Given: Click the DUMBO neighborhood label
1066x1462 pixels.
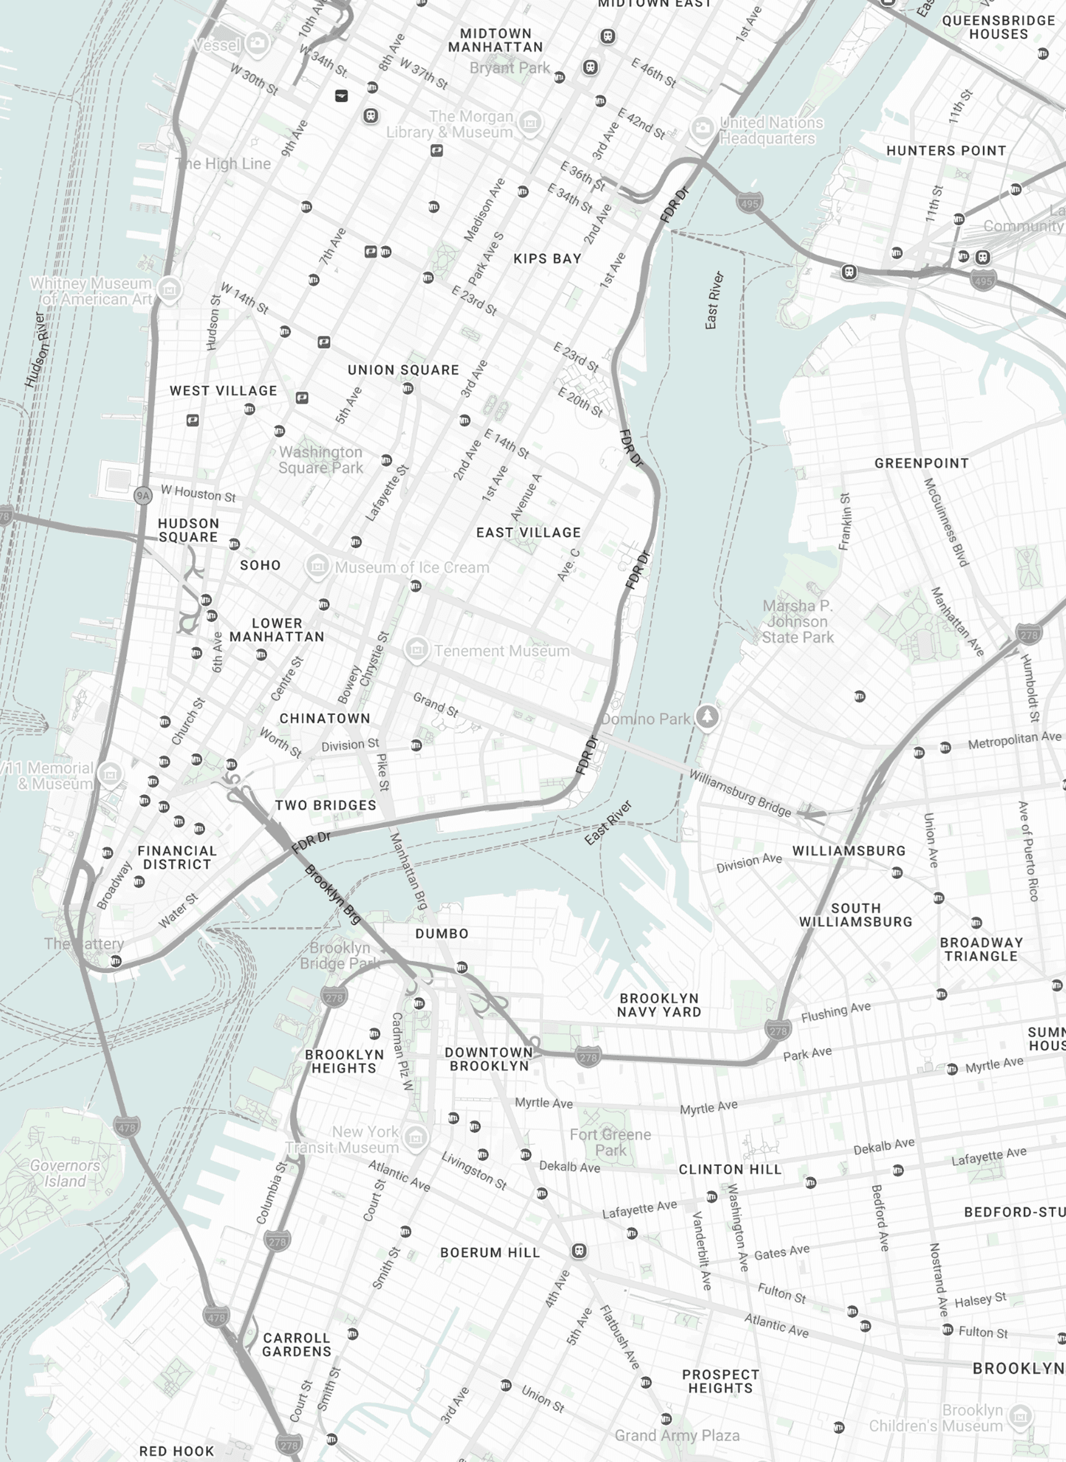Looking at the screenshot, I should tap(441, 933).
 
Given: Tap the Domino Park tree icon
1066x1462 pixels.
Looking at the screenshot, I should tap(707, 717).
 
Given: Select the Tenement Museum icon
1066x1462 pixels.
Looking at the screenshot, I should tap(417, 649).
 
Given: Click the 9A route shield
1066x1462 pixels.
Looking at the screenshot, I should tap(143, 496).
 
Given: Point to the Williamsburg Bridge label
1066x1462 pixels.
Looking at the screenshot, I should tap(739, 792).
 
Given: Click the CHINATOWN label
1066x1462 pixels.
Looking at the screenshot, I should tap(325, 718).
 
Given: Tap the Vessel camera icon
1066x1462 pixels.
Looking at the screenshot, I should tap(257, 43).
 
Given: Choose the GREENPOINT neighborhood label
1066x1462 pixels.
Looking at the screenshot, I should tap(921, 463).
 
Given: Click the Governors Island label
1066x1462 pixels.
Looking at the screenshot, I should tap(64, 1173).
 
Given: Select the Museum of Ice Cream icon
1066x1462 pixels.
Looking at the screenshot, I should tap(317, 566).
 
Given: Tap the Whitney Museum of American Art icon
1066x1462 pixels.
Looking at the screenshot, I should tap(169, 289).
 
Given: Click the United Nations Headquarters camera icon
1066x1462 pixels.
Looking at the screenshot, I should tap(702, 128).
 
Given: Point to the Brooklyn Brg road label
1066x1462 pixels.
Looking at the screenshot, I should tap(332, 895).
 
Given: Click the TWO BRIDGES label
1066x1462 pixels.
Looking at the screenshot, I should tap(325, 805).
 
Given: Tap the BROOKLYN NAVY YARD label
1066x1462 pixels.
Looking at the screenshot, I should tap(658, 1005).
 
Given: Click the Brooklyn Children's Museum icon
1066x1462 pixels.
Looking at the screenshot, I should tap(1020, 1416).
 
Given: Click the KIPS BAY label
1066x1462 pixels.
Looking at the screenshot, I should tap(547, 258).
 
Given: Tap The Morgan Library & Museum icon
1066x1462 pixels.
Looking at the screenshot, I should tap(530, 122).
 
